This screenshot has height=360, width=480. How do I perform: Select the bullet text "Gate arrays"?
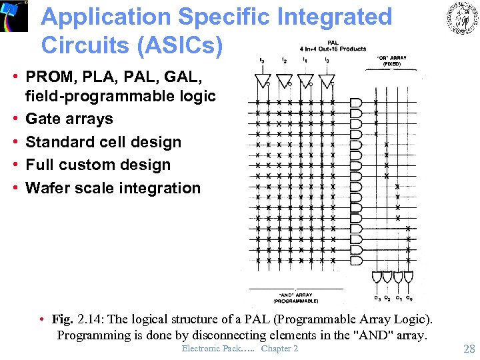(x=69, y=119)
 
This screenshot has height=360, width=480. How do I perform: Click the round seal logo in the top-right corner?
(x=461, y=18)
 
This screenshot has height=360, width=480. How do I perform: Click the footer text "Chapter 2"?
(x=279, y=348)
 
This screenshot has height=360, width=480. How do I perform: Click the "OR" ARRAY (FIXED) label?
(x=391, y=61)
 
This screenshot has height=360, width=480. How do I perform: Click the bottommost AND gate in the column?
(x=356, y=260)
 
